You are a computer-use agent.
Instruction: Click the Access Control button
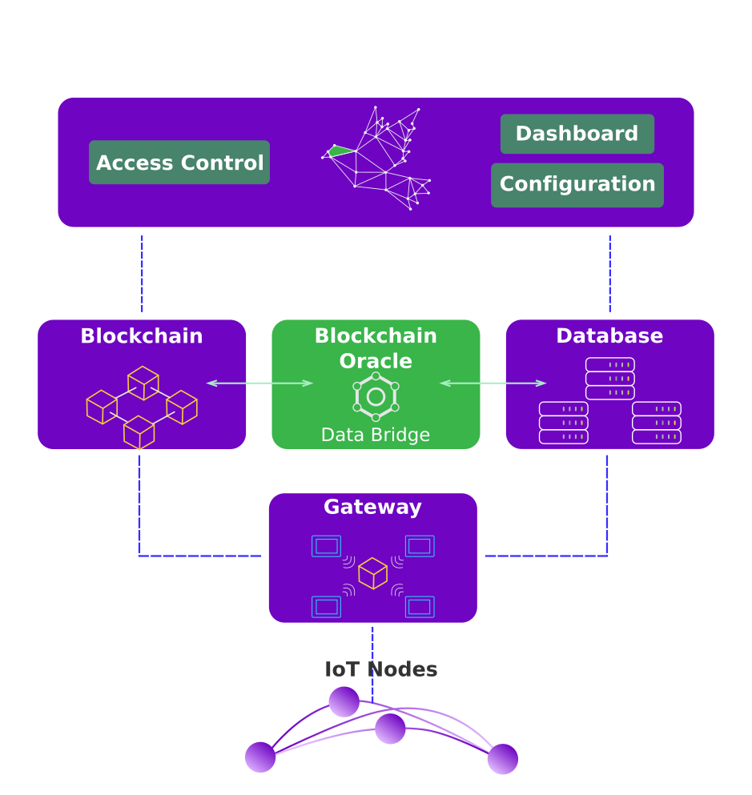[179, 163]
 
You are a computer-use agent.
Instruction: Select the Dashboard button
[577, 134]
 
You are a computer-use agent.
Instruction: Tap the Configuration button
[577, 185]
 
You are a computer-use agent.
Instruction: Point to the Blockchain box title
[142, 336]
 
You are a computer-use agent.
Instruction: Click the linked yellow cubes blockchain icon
[142, 407]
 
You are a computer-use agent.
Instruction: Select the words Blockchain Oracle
[376, 348]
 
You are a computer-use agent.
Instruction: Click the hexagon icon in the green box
[376, 396]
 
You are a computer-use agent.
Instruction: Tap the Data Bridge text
[376, 435]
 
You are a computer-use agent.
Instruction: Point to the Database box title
[609, 336]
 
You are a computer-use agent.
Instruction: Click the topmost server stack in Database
[610, 379]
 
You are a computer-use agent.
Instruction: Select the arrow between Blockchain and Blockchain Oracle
[259, 383]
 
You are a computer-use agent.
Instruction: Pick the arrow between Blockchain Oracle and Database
[493, 383]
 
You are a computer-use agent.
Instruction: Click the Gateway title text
[372, 508]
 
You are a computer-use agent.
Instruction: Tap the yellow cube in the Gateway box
[372, 573]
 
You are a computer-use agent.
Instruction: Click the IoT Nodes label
[381, 669]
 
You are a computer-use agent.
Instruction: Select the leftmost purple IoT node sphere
[260, 757]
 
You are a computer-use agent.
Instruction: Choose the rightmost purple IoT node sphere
[503, 759]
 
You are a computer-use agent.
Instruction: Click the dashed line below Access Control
[142, 273]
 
